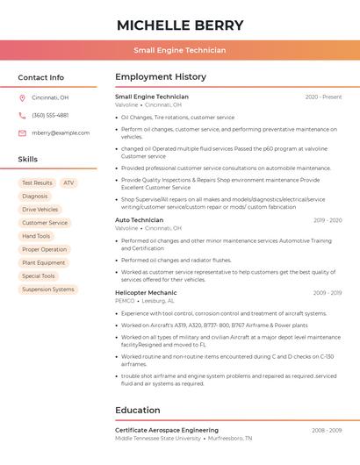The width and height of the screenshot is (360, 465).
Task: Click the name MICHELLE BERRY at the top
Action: (x=179, y=25)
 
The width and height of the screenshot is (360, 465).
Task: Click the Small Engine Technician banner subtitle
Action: (x=179, y=51)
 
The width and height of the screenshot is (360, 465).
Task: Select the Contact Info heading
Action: (x=41, y=77)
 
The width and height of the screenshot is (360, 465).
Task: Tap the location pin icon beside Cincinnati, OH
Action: (x=22, y=98)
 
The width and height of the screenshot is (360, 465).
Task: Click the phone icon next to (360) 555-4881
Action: (x=22, y=116)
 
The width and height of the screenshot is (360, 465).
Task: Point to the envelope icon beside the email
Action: (x=22, y=133)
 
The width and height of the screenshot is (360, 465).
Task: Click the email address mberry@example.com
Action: (x=61, y=133)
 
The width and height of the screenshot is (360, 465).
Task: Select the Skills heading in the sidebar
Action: (x=28, y=160)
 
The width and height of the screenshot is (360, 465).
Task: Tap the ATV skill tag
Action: (x=68, y=183)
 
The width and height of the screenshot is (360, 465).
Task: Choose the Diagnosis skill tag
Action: (x=35, y=197)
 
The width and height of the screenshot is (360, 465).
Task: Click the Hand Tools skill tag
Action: (x=36, y=236)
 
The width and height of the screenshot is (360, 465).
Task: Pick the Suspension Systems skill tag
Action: (x=48, y=289)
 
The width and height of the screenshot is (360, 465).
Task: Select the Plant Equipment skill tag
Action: (x=44, y=262)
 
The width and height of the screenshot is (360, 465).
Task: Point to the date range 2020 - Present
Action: (x=323, y=97)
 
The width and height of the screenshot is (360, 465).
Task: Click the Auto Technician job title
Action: (x=139, y=220)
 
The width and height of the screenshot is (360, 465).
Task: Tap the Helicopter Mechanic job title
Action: (x=146, y=292)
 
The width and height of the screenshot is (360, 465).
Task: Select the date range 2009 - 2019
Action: (x=327, y=293)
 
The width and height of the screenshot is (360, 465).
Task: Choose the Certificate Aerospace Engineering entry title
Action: (x=167, y=430)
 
